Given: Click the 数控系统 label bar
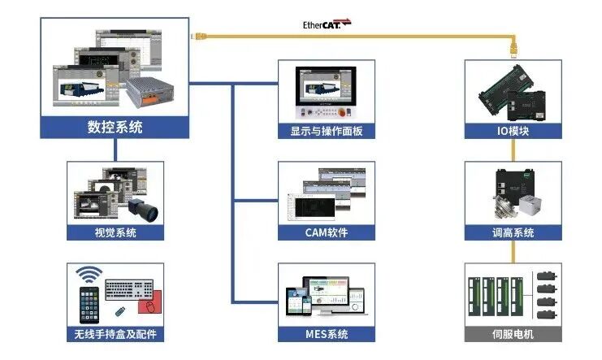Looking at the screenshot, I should (115, 127).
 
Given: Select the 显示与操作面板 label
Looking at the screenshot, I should (327, 131).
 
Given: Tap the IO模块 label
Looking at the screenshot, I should (513, 131).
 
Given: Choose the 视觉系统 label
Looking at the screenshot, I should (115, 232).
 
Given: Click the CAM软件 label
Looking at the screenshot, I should (327, 232).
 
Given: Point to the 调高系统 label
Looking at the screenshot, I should (513, 232).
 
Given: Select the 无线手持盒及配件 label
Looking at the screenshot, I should (115, 334).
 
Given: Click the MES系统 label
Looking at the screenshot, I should (327, 334).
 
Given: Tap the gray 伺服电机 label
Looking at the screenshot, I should (513, 334).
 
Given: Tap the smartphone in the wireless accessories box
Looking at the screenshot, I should (89, 305).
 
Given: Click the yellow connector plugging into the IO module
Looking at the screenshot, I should (513, 50).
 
